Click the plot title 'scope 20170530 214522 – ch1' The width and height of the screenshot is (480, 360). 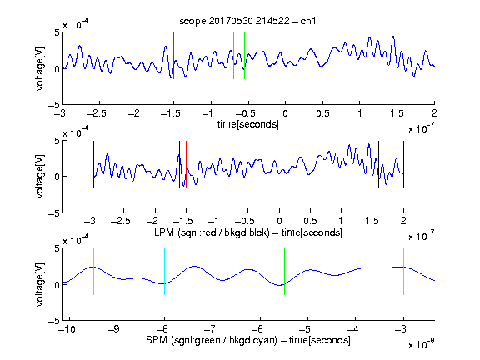(x=247, y=21)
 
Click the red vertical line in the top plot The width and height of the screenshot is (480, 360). (x=173, y=56)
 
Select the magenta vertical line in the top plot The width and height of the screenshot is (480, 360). (x=397, y=56)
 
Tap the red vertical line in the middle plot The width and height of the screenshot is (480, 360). (x=186, y=164)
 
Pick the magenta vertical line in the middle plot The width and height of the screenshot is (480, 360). (x=372, y=164)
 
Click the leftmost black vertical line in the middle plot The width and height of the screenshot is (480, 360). (x=93, y=164)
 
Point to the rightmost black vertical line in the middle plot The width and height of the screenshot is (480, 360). (x=404, y=164)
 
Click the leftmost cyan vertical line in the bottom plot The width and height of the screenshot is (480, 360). (x=93, y=272)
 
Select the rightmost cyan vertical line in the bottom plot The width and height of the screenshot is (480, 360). (x=404, y=272)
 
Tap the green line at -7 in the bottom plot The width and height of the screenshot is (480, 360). (x=212, y=272)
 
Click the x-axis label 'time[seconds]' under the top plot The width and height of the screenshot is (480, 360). (x=248, y=124)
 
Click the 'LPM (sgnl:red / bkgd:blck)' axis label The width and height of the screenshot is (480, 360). (x=212, y=232)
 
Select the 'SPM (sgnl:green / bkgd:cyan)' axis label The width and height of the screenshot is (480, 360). (x=212, y=340)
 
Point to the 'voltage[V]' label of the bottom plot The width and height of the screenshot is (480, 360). (x=40, y=284)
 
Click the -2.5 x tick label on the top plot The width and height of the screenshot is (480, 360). (x=96, y=113)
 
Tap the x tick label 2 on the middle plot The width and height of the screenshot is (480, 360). (x=403, y=221)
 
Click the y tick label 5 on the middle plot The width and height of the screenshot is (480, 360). (x=57, y=142)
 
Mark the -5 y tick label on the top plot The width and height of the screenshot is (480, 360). (x=54, y=105)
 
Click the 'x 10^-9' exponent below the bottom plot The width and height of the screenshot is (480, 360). (x=422, y=344)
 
